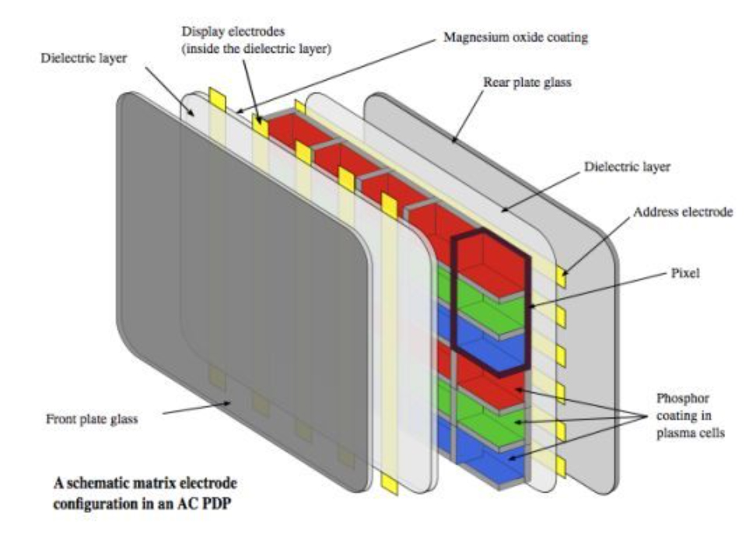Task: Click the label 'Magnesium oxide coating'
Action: [x=516, y=37]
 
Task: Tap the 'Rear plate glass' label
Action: [x=527, y=82]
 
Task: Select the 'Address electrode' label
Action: [x=682, y=212]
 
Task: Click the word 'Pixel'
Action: [x=685, y=273]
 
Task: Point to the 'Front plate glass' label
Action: [x=92, y=419]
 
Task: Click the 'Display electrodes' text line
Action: [x=233, y=32]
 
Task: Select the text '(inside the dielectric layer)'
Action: [x=256, y=49]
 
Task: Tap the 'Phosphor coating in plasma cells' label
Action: [x=690, y=416]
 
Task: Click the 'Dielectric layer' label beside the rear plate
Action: [x=627, y=167]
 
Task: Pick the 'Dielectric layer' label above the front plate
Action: [x=83, y=58]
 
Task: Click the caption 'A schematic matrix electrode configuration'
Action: [x=145, y=493]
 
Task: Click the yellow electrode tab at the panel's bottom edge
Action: [x=389, y=483]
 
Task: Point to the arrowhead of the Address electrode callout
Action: [x=564, y=274]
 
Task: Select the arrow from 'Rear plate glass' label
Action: [x=467, y=116]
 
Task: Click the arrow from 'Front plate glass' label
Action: [x=196, y=408]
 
